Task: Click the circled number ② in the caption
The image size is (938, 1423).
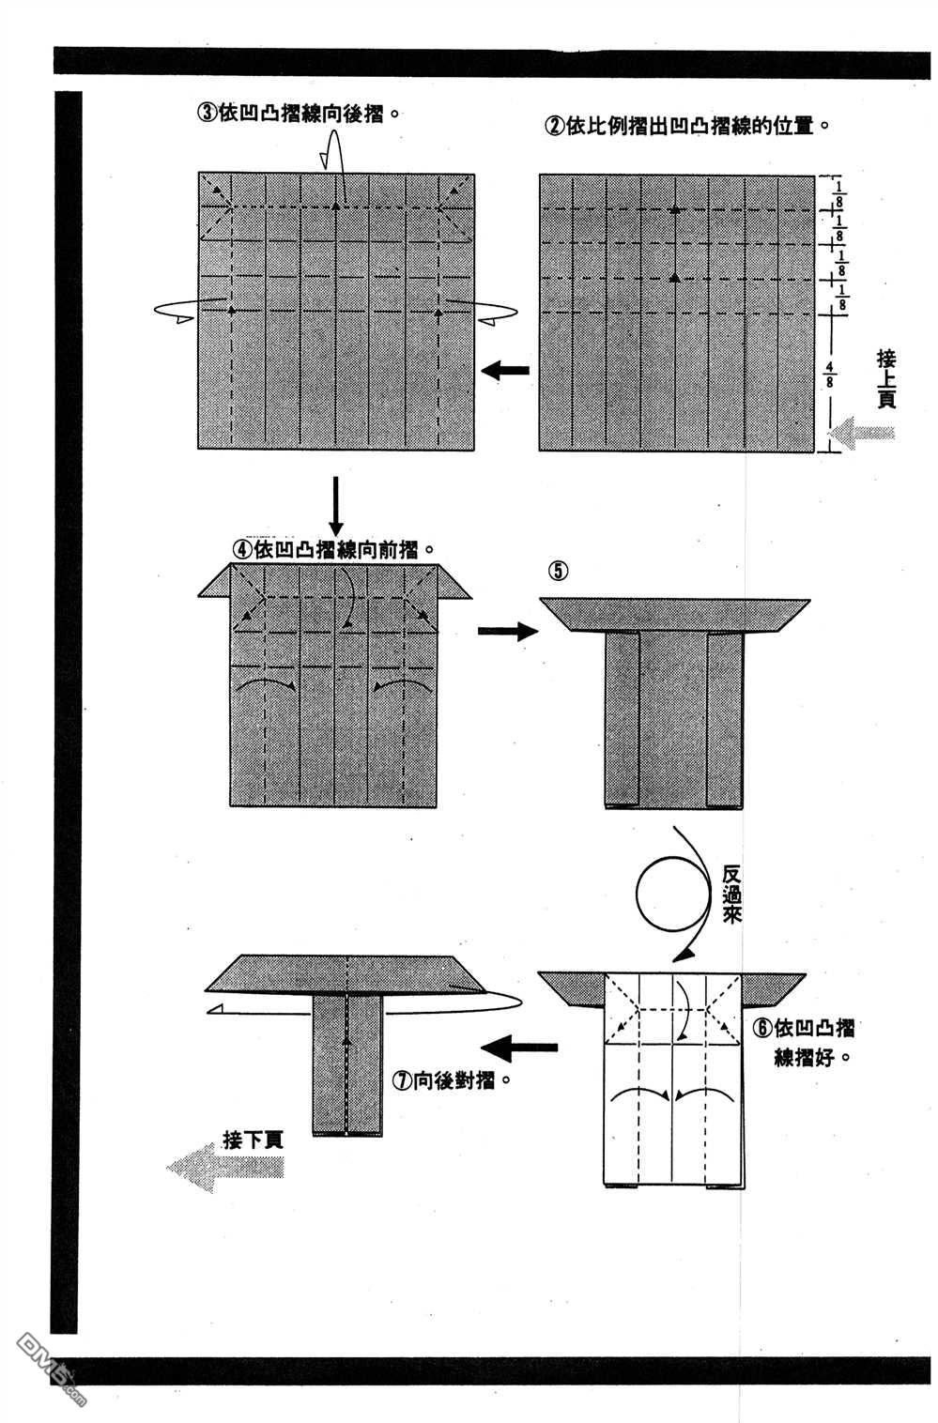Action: tap(554, 125)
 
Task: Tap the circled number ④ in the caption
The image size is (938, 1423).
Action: tap(240, 549)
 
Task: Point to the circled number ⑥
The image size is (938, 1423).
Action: tap(761, 1027)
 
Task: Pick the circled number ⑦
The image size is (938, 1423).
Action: tap(402, 1080)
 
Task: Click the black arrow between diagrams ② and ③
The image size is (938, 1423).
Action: tap(505, 371)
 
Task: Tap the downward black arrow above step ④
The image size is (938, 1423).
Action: tap(336, 507)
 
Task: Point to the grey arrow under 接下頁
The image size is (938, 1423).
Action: tap(225, 1167)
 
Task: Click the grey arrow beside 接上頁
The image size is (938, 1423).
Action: tap(864, 434)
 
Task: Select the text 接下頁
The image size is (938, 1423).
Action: tap(253, 1140)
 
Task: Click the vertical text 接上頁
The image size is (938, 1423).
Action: tap(885, 378)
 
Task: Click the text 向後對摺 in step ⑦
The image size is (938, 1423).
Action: tap(456, 1080)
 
